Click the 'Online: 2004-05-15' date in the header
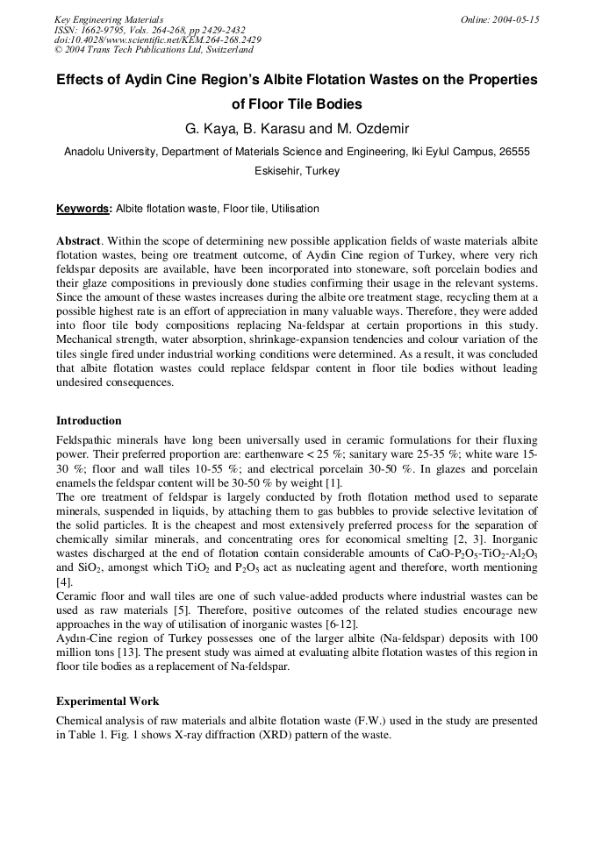pos(500,19)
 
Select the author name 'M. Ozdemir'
pos(371,129)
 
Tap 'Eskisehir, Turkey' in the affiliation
pos(297,171)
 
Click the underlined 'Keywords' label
pos(83,210)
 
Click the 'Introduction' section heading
pos(89,421)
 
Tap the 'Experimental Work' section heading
pos(108,702)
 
